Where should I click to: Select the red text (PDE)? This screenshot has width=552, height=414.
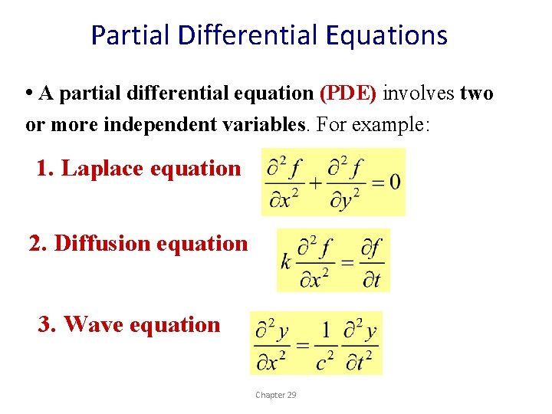[x=348, y=94]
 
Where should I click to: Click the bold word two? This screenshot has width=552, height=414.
[x=476, y=94]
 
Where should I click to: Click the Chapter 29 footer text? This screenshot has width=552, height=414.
[x=276, y=395]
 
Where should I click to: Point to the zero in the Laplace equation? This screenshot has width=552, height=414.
[x=394, y=182]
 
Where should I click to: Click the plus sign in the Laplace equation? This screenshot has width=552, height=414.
[x=314, y=182]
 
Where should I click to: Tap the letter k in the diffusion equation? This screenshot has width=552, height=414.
[x=286, y=261]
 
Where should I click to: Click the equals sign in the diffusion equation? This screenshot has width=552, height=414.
[x=347, y=261]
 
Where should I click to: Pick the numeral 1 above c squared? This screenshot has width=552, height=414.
[x=326, y=330]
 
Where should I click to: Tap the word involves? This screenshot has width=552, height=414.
[x=419, y=94]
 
